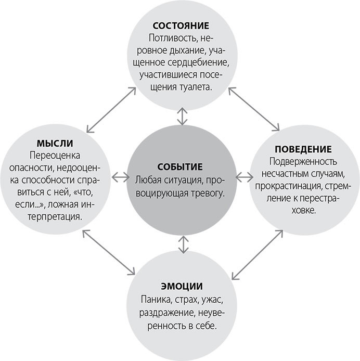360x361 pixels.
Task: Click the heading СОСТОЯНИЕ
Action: pyautogui.click(x=181, y=25)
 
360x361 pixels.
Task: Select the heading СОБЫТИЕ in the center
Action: pyautogui.click(x=180, y=167)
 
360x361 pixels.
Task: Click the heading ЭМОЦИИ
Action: pyautogui.click(x=181, y=287)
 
